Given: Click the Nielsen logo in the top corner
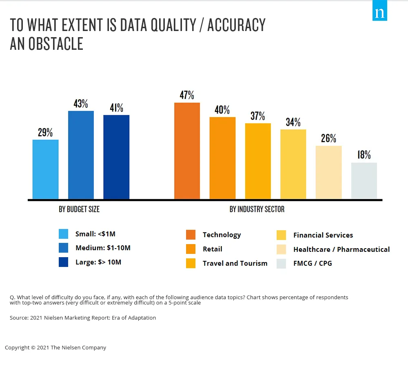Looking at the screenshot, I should click(379, 13).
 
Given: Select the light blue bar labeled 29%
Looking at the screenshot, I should click(45, 169).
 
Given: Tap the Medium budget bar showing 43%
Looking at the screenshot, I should click(81, 155).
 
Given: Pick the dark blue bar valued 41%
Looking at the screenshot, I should click(116, 157).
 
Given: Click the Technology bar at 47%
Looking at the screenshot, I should click(187, 151).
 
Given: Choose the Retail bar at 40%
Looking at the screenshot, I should click(222, 158).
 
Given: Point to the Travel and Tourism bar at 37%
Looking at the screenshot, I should click(258, 161).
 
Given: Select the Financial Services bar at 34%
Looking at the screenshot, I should click(293, 164).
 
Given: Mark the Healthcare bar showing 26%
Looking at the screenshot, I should click(328, 173).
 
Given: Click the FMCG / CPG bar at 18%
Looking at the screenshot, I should click(364, 181).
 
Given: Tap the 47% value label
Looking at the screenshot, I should click(187, 95).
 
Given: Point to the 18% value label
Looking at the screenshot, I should click(364, 155).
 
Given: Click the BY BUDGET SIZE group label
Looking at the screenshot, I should click(79, 209).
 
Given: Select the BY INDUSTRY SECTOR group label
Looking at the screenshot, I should click(257, 209).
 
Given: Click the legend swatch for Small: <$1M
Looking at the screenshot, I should click(63, 234).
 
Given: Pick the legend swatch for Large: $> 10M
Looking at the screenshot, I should click(63, 262).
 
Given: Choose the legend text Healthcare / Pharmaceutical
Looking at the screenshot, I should click(341, 249).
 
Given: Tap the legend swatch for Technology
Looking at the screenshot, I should click(191, 235).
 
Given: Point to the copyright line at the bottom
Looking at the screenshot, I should click(55, 348).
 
